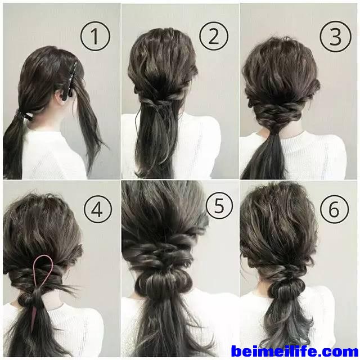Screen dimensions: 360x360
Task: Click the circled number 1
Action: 95,36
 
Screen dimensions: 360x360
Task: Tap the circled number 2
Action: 214,36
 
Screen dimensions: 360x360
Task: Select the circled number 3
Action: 335,36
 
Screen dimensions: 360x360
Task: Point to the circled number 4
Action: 98,209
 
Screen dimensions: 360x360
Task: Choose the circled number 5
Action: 219,205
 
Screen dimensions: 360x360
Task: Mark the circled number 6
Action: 335,209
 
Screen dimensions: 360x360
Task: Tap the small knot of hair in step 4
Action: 26,299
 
